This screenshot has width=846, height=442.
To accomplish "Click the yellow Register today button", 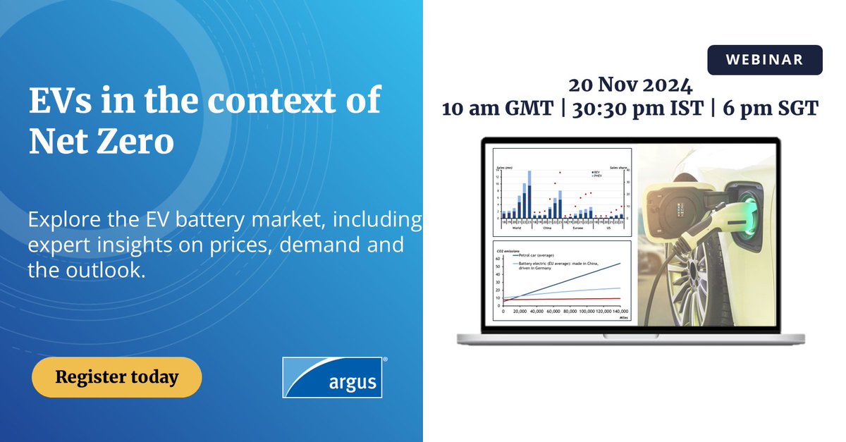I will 116,377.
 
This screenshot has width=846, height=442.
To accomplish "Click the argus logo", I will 334,376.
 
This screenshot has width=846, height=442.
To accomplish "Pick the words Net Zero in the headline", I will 101,142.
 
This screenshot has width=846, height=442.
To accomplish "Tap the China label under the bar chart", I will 547,228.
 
